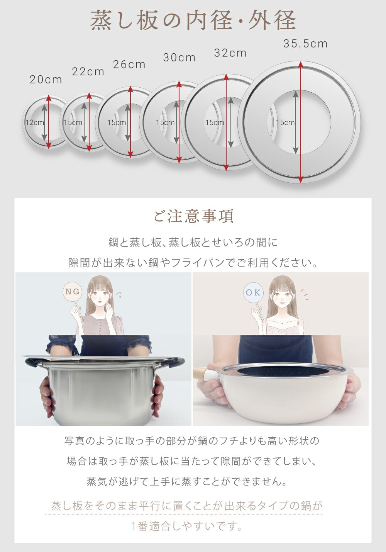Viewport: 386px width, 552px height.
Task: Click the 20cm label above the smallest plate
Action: pyautogui.click(x=46, y=80)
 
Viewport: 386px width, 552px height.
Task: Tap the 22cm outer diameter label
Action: pyautogui.click(x=88, y=72)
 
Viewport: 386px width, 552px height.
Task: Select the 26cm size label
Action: pyautogui.click(x=129, y=65)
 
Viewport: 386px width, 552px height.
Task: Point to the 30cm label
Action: pyautogui.click(x=179, y=58)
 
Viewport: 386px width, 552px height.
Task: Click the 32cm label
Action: pyautogui.click(x=230, y=53)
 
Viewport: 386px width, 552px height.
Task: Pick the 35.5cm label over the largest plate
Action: pyautogui.click(x=305, y=44)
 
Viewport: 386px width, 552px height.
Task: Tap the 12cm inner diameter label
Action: pyautogui.click(x=35, y=122)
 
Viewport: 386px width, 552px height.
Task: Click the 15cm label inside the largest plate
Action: pyautogui.click(x=285, y=122)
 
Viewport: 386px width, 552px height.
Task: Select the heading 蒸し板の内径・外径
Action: pyautogui.click(x=193, y=20)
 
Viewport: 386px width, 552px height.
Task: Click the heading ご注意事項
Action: pyautogui.click(x=193, y=216)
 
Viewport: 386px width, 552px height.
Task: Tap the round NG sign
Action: pyautogui.click(x=73, y=292)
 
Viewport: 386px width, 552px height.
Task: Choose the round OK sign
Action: pyautogui.click(x=253, y=292)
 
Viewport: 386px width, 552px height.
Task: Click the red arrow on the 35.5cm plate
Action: pyautogui.click(x=300, y=122)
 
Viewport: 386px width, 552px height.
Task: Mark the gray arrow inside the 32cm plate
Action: pyautogui.click(x=231, y=122)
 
